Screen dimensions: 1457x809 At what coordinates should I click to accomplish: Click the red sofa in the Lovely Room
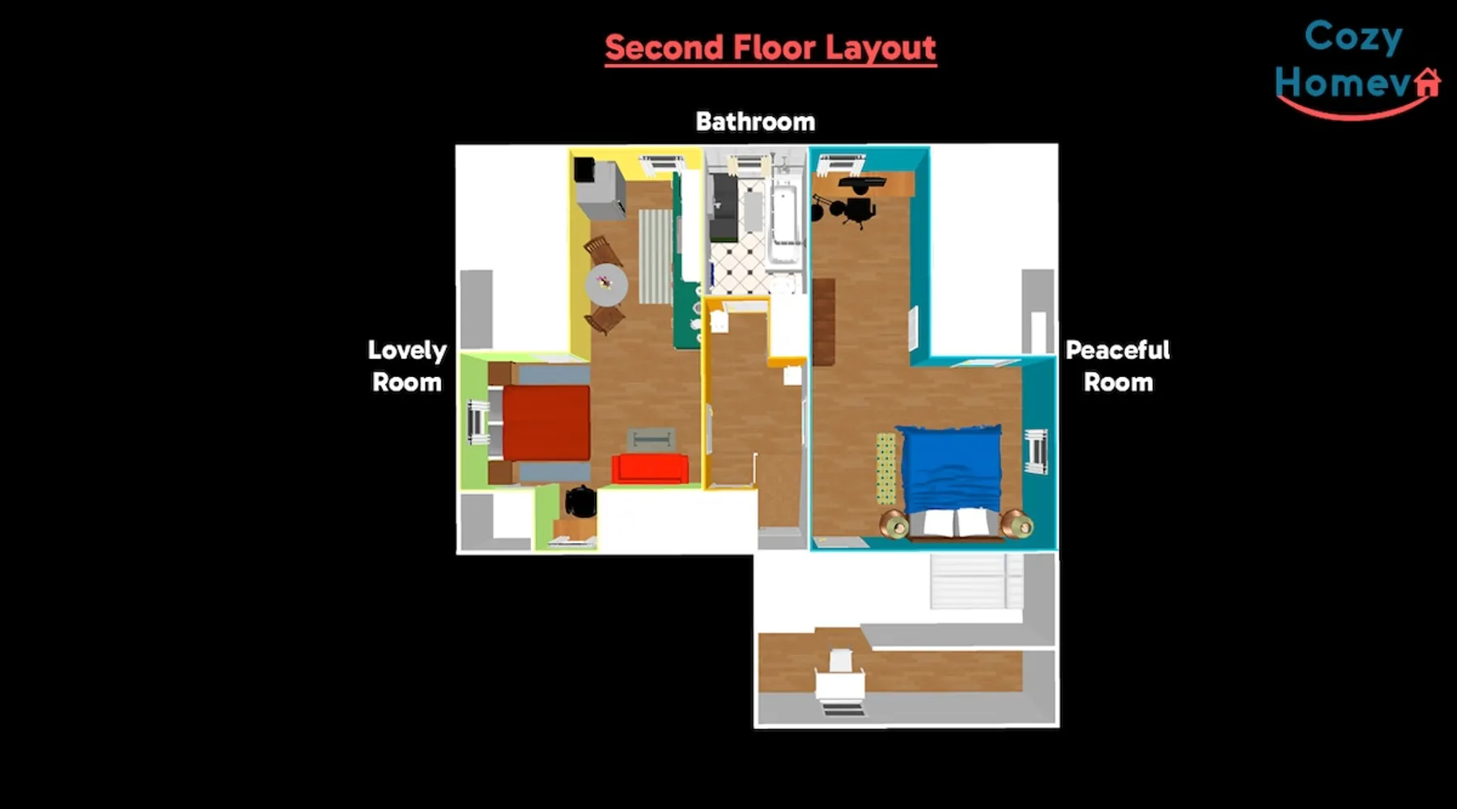point(650,468)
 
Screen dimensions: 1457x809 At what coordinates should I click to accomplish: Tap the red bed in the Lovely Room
point(546,422)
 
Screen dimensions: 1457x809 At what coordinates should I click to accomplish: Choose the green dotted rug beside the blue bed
point(886,468)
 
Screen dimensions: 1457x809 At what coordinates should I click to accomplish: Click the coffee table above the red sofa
point(651,439)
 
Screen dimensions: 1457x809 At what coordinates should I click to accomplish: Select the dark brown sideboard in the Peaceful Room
point(823,322)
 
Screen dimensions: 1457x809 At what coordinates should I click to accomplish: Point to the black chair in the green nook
point(580,502)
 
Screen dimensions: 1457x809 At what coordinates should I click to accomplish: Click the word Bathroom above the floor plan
point(755,121)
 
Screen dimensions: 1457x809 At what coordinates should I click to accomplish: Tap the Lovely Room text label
point(407,366)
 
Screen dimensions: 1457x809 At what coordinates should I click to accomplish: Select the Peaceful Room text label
point(1118,366)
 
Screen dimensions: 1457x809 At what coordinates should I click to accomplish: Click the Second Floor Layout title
point(771,48)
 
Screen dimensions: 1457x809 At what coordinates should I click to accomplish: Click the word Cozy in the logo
point(1353,36)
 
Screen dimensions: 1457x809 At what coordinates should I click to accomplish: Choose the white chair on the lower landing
point(840,678)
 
